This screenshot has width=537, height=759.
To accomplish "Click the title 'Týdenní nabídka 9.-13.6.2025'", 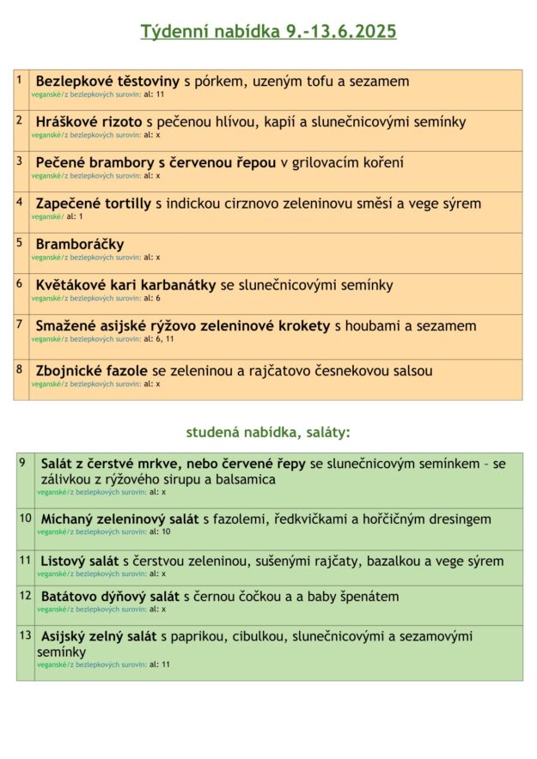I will coord(268,32).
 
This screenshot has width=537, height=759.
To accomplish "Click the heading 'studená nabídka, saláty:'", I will coord(268,432).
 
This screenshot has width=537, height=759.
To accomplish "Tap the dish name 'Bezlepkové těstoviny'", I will coord(107,81).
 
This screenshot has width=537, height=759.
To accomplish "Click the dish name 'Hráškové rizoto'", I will coord(89,122).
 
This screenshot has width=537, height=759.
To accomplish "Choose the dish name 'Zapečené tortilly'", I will coord(93,203).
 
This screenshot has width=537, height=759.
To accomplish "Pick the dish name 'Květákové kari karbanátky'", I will coord(125,284).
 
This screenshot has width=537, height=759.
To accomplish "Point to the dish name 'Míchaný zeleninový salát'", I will coord(119,519).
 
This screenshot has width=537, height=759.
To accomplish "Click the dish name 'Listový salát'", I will coord(80,561).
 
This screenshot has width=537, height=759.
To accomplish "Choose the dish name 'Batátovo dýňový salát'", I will coord(110,596).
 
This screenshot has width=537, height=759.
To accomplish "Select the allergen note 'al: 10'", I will coord(160,531).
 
